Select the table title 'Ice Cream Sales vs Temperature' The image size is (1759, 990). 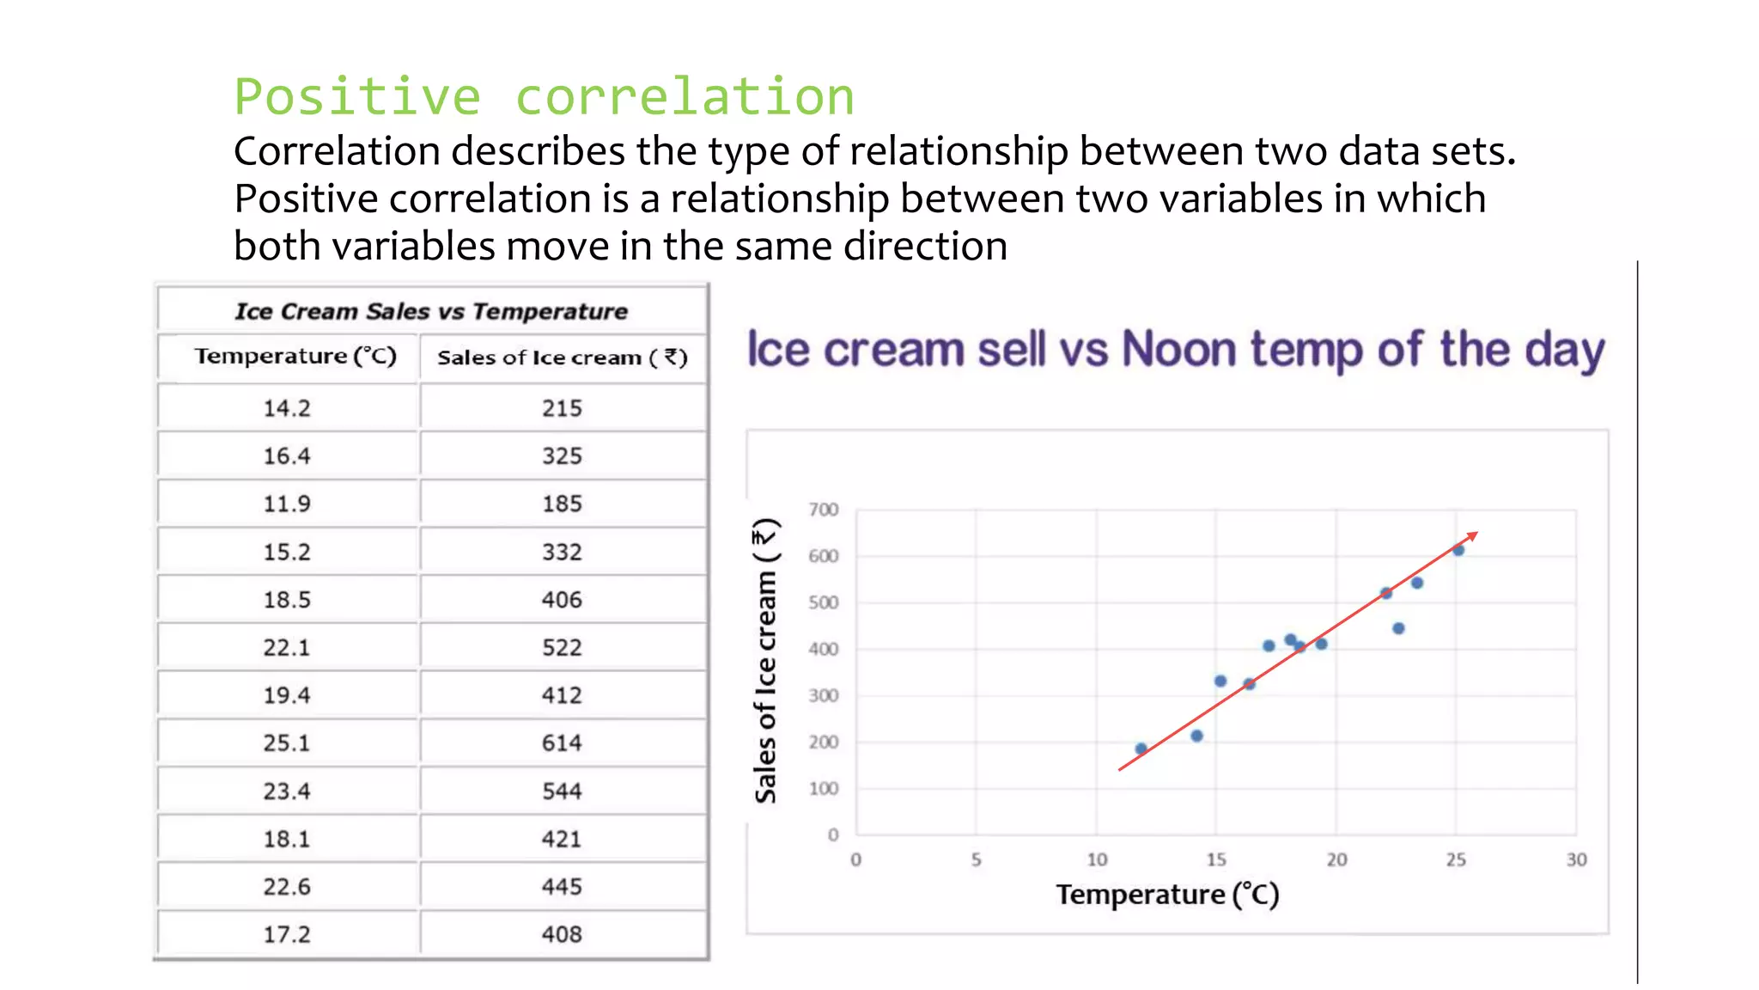pos(431,311)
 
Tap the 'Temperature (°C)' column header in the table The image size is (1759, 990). pos(295,356)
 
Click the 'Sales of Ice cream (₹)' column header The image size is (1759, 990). pos(563,357)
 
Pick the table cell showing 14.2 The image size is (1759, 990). pos(287,408)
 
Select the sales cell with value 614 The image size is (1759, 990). pos(562,743)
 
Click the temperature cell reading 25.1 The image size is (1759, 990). pos(287,743)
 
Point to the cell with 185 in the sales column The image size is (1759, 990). pos(562,504)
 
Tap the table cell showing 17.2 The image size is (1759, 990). pos(287,934)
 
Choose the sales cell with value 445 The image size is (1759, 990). pos(562,887)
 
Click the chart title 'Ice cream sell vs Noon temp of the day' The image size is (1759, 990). pos(1175,350)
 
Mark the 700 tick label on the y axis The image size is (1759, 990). pos(823,510)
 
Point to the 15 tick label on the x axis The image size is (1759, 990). pos(1216,859)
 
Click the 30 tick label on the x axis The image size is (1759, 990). pos(1576,859)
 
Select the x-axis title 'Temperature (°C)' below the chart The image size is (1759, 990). pos(1167,895)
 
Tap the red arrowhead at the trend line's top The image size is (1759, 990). pos(1473,535)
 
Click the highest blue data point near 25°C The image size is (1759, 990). pos(1458,550)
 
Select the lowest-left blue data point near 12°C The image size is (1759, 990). pos(1141,749)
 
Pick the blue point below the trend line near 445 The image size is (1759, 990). pos(1398,628)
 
